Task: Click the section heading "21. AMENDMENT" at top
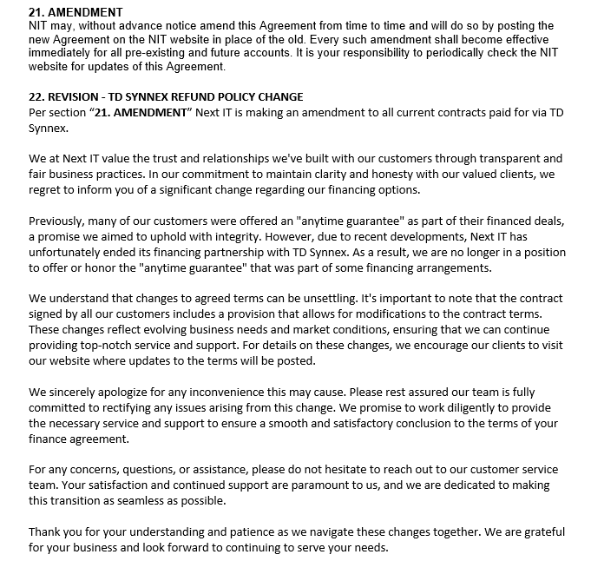(x=76, y=13)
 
